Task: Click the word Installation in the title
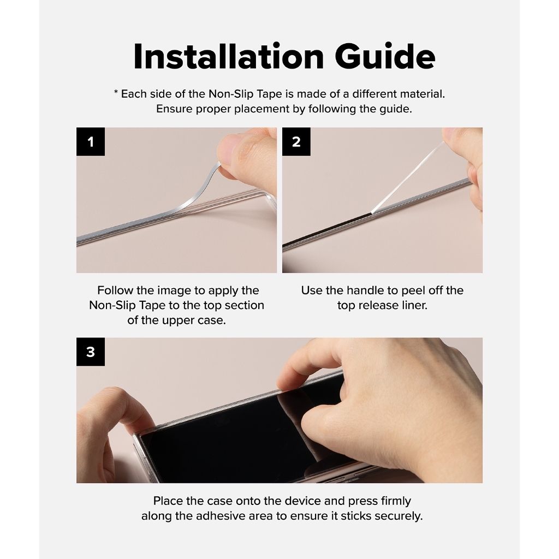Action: (229, 57)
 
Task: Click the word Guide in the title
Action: (385, 57)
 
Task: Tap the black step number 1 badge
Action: (91, 141)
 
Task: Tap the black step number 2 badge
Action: (296, 141)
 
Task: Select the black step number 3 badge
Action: (91, 352)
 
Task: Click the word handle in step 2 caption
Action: (364, 290)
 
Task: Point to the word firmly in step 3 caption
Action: (396, 501)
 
